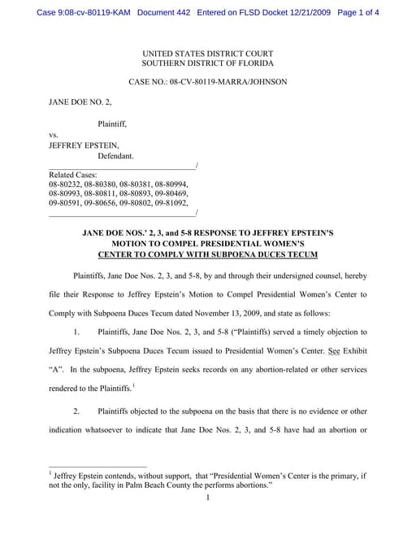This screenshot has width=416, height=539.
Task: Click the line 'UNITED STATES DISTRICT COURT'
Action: click(x=207, y=52)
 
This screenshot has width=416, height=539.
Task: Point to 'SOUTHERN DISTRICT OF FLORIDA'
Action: click(x=207, y=63)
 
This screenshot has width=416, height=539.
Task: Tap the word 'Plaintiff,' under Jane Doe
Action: click(x=112, y=124)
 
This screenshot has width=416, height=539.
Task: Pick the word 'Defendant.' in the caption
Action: click(x=115, y=155)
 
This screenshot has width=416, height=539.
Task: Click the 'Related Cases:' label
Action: click(x=73, y=175)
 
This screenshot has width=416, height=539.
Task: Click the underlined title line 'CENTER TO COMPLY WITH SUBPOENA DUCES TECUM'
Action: click(x=207, y=254)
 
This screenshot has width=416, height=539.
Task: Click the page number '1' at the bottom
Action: click(x=208, y=498)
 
